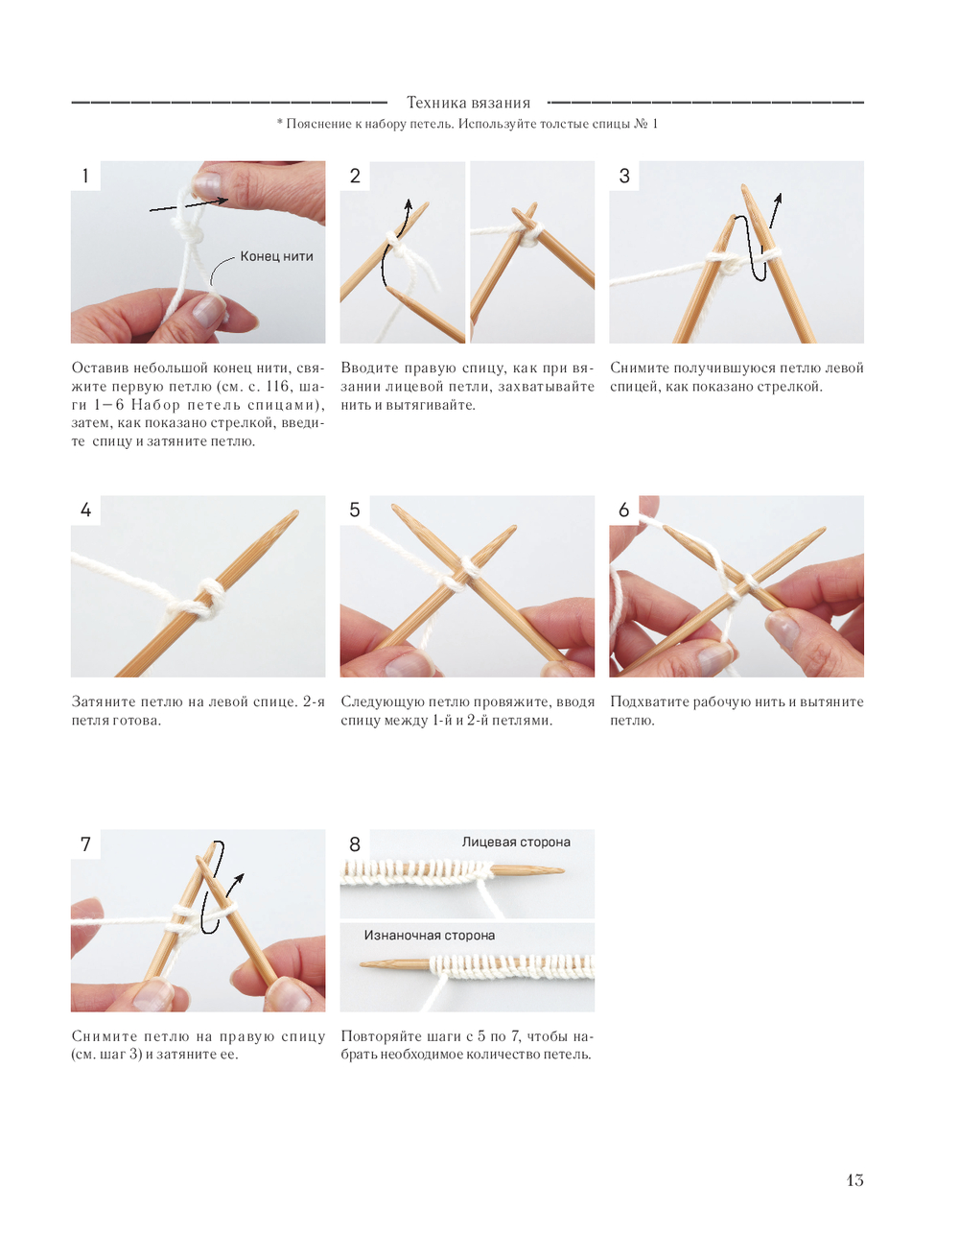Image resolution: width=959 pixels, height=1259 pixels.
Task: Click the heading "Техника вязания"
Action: [468, 103]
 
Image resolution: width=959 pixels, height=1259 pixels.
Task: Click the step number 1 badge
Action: [85, 176]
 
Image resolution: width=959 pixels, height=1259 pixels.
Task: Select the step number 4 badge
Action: [85, 510]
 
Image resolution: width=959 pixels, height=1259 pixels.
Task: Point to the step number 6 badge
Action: [623, 510]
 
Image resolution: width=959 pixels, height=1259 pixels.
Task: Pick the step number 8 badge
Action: [355, 844]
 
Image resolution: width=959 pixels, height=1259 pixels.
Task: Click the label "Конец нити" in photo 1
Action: [276, 256]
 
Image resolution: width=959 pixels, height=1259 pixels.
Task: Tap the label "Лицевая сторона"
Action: [516, 842]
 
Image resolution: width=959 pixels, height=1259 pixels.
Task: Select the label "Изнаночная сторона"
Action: [430, 936]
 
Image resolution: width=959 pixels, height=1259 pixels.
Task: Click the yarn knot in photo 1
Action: [188, 231]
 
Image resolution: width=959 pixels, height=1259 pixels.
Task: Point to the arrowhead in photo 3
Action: [778, 199]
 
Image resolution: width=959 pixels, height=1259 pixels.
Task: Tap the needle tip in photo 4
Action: [295, 512]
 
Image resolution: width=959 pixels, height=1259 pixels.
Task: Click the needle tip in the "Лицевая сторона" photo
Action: [562, 870]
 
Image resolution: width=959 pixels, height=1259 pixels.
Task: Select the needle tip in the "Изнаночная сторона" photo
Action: [363, 964]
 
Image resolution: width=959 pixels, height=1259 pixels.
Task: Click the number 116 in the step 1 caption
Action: [278, 386]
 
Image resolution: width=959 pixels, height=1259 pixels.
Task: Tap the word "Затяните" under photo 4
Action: [104, 701]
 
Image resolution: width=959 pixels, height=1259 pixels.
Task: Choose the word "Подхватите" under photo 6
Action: [652, 701]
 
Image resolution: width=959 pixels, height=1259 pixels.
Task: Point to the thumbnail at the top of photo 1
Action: [207, 184]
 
